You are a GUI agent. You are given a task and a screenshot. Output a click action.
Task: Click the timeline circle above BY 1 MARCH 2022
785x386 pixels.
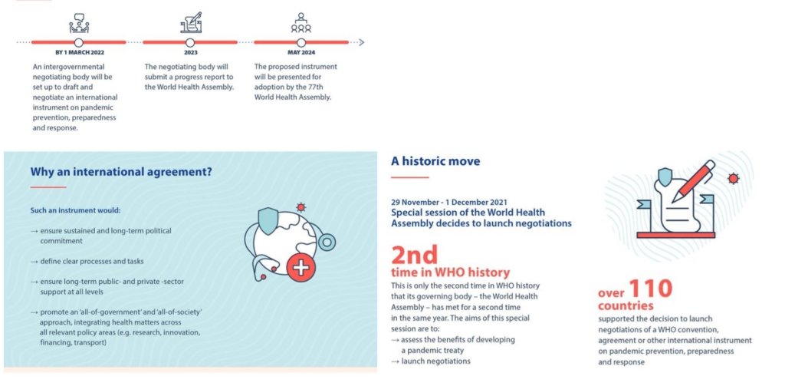[x=79, y=43]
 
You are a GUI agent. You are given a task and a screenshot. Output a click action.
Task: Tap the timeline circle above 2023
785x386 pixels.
[x=190, y=43]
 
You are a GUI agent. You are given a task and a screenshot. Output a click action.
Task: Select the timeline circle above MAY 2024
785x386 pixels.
[x=301, y=43]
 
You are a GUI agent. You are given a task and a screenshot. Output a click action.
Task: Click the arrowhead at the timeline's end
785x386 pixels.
[x=362, y=43]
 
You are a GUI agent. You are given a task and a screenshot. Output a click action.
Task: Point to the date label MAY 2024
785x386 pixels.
[x=301, y=53]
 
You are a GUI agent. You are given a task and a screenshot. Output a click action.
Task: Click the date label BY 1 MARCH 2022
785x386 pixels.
[x=80, y=53]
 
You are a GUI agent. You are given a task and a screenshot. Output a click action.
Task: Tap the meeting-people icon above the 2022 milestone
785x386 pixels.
[x=79, y=23]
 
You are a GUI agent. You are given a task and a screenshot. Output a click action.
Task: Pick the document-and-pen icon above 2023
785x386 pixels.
[x=191, y=22]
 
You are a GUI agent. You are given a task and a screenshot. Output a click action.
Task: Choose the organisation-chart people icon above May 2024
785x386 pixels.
[x=301, y=23]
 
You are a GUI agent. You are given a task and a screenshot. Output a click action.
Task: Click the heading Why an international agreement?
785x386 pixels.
[x=121, y=172]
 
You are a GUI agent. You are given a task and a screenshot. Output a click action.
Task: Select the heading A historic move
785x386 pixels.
[x=435, y=161]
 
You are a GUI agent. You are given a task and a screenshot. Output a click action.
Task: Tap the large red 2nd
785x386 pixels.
[x=415, y=255]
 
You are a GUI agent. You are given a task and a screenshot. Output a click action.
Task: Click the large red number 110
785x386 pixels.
[x=650, y=289]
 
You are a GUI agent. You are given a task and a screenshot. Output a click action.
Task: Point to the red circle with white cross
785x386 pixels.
[x=301, y=267]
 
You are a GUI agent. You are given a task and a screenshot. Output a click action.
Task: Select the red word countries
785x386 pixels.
[x=626, y=305]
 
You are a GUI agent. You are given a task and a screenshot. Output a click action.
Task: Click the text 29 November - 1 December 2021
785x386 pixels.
[x=439, y=203]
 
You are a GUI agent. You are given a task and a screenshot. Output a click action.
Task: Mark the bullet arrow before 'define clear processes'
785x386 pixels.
[x=34, y=262]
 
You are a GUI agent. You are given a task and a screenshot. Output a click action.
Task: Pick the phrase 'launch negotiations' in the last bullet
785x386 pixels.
[x=435, y=361]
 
